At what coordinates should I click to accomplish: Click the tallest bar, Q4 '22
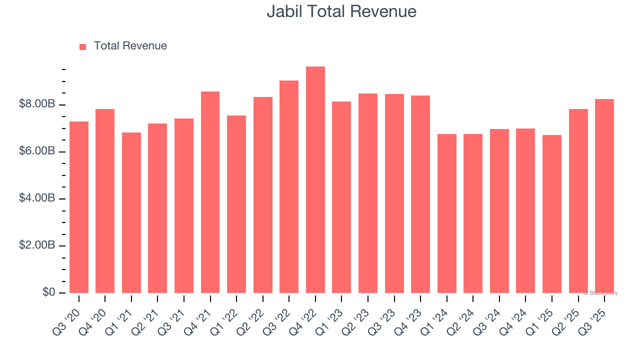315,180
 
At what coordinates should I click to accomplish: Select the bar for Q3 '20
79,207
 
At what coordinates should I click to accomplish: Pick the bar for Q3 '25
604,196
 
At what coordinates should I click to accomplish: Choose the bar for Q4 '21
210,192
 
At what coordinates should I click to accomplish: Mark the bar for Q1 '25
552,214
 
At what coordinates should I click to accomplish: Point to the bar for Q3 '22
289,187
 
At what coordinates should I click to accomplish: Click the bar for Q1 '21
131,213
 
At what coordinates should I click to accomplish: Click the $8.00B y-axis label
37,104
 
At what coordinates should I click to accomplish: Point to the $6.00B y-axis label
37,151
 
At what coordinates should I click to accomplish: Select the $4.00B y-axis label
37,198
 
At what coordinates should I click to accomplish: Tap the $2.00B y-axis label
37,245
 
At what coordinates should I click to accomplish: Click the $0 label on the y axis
48,292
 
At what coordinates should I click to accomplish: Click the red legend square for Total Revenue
83,47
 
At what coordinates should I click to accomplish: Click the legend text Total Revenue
130,46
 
